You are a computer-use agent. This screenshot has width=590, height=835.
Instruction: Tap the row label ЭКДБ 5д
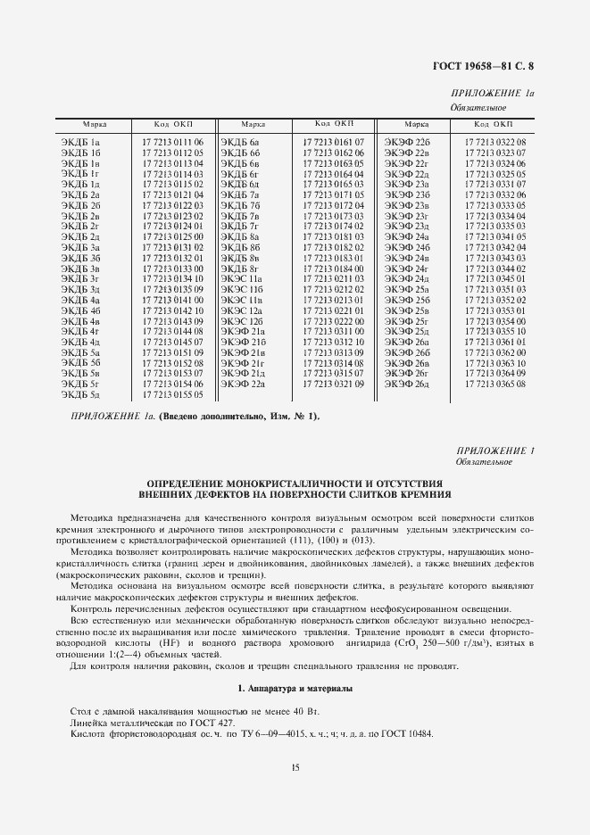pyautogui.click(x=80, y=394)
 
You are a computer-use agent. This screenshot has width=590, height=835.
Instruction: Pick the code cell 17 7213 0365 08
pyautogui.click(x=494, y=384)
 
